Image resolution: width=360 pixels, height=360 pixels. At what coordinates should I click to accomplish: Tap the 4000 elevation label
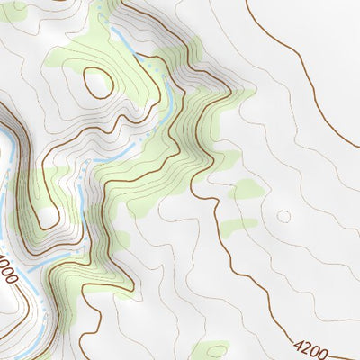click(x=7, y=270)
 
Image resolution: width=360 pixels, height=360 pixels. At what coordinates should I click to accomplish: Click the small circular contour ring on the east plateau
click(x=283, y=216)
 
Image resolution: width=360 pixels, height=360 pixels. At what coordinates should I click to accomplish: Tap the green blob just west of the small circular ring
click(x=246, y=190)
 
